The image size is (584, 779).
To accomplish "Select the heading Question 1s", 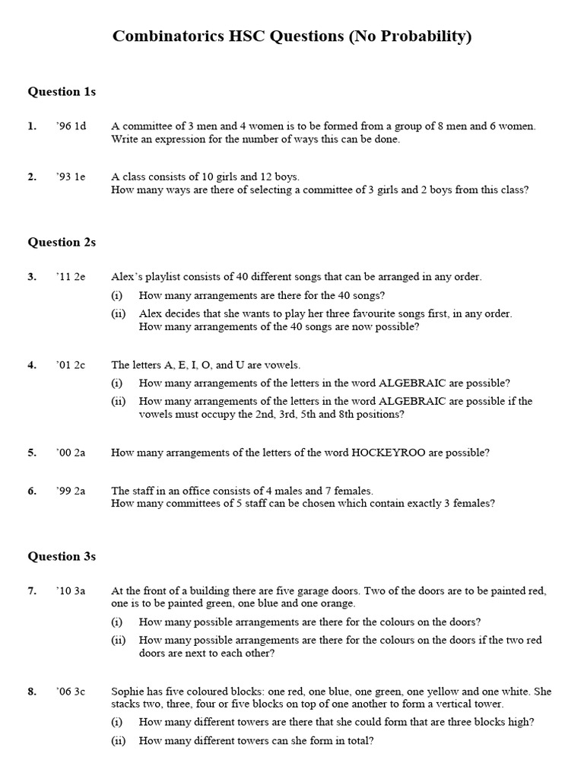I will click(62, 92).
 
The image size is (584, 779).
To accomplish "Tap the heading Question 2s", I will click(62, 243).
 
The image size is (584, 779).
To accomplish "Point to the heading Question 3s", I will click(62, 556).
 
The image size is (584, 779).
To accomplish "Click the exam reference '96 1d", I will click(70, 126).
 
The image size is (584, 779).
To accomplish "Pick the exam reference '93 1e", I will click(70, 176).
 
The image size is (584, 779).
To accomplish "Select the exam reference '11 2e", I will click(70, 277).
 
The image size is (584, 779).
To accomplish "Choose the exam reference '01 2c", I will click(70, 365).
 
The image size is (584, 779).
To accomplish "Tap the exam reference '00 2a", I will click(70, 453).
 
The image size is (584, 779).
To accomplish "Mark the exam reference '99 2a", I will click(70, 491).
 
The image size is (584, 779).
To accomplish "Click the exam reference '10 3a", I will click(70, 590).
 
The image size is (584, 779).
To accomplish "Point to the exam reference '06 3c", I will click(70, 692).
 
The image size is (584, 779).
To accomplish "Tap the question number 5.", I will click(32, 453).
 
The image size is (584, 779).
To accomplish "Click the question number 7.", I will click(32, 590).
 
